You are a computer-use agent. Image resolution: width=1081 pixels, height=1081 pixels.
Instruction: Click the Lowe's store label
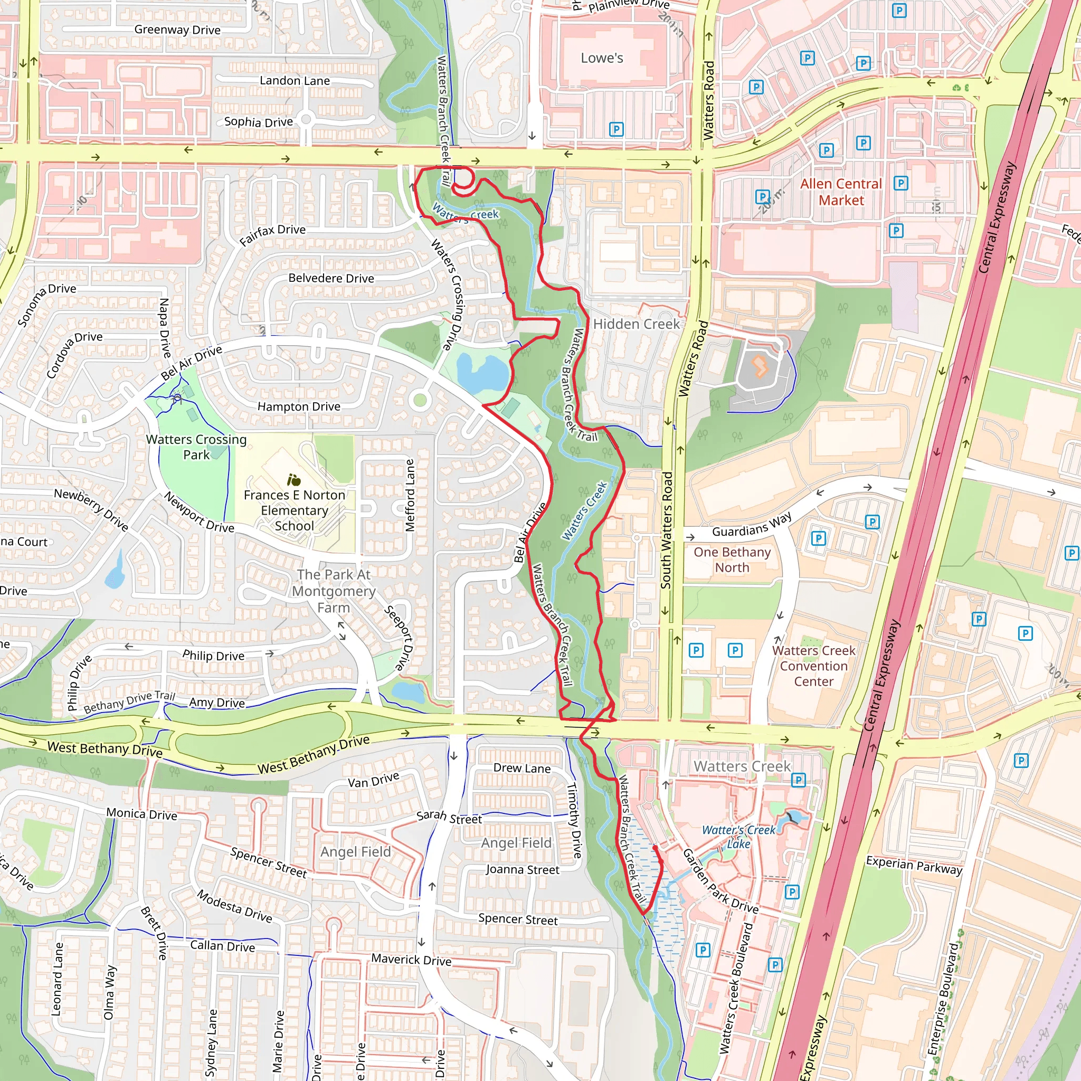(602, 58)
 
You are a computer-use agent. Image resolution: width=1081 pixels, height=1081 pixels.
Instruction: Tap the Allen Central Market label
(840, 192)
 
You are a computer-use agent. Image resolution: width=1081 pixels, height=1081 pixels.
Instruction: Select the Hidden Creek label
(636, 324)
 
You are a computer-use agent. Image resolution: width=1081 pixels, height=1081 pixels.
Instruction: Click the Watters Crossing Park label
(196, 447)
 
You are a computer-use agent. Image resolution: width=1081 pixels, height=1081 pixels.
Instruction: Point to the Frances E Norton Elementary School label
(295, 510)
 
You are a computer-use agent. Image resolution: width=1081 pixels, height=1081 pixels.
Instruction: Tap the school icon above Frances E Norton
(294, 479)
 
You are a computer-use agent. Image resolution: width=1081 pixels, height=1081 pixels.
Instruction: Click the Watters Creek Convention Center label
(813, 666)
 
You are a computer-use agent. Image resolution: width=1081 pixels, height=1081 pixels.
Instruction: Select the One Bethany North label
(732, 560)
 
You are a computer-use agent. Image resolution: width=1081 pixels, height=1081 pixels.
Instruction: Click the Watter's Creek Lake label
(738, 837)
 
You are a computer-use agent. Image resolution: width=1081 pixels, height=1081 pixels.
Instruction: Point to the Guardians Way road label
(752, 525)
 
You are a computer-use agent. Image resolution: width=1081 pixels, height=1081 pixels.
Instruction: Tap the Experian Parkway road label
(914, 865)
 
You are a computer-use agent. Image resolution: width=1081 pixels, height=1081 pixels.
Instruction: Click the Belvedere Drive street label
(331, 278)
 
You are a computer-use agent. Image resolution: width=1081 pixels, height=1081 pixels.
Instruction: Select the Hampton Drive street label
(299, 407)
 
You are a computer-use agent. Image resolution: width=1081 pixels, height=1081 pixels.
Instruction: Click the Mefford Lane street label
(410, 495)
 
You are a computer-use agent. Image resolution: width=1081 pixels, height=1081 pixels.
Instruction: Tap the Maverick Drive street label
(411, 960)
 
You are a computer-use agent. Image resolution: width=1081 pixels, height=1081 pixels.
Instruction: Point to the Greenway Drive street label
(177, 30)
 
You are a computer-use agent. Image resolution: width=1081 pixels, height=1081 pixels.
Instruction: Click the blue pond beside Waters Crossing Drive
(481, 374)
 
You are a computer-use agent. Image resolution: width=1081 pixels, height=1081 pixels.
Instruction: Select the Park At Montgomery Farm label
(334, 591)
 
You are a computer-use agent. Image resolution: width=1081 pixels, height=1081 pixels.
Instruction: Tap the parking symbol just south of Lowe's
(616, 129)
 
